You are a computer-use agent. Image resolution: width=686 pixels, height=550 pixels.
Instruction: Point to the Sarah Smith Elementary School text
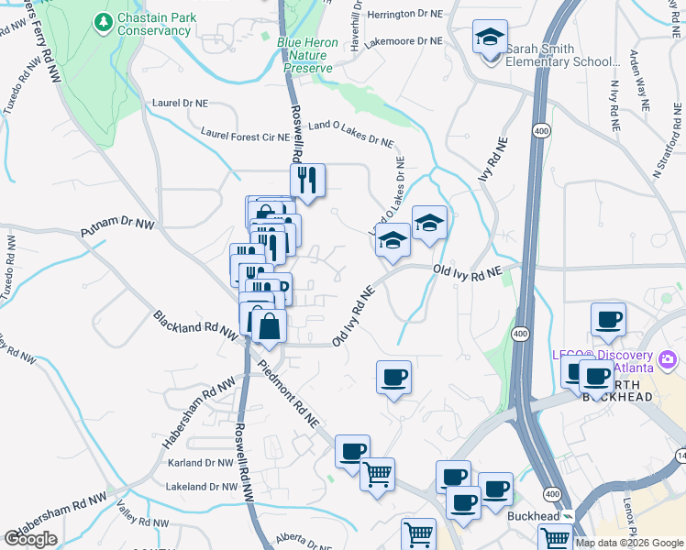[x=560, y=55]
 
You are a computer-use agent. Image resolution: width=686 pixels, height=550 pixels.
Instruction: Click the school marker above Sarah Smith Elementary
[x=490, y=38]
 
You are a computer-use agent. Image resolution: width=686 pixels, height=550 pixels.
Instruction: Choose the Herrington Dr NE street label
[x=404, y=16]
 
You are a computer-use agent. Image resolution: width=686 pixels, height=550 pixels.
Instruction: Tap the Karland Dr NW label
[x=201, y=463]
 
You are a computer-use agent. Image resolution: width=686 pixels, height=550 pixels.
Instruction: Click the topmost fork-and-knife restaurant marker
[x=307, y=181]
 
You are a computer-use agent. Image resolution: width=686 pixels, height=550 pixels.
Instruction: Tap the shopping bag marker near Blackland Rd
[x=268, y=328]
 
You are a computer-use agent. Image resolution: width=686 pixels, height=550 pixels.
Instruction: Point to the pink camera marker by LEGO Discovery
[x=667, y=357]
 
